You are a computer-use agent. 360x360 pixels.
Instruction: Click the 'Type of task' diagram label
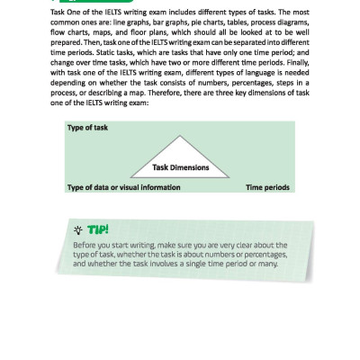click(86, 128)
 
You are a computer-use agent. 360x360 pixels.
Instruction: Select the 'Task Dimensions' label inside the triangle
click(180, 167)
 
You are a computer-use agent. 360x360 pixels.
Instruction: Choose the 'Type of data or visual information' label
click(123, 187)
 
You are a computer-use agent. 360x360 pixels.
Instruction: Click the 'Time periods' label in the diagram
click(267, 187)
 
